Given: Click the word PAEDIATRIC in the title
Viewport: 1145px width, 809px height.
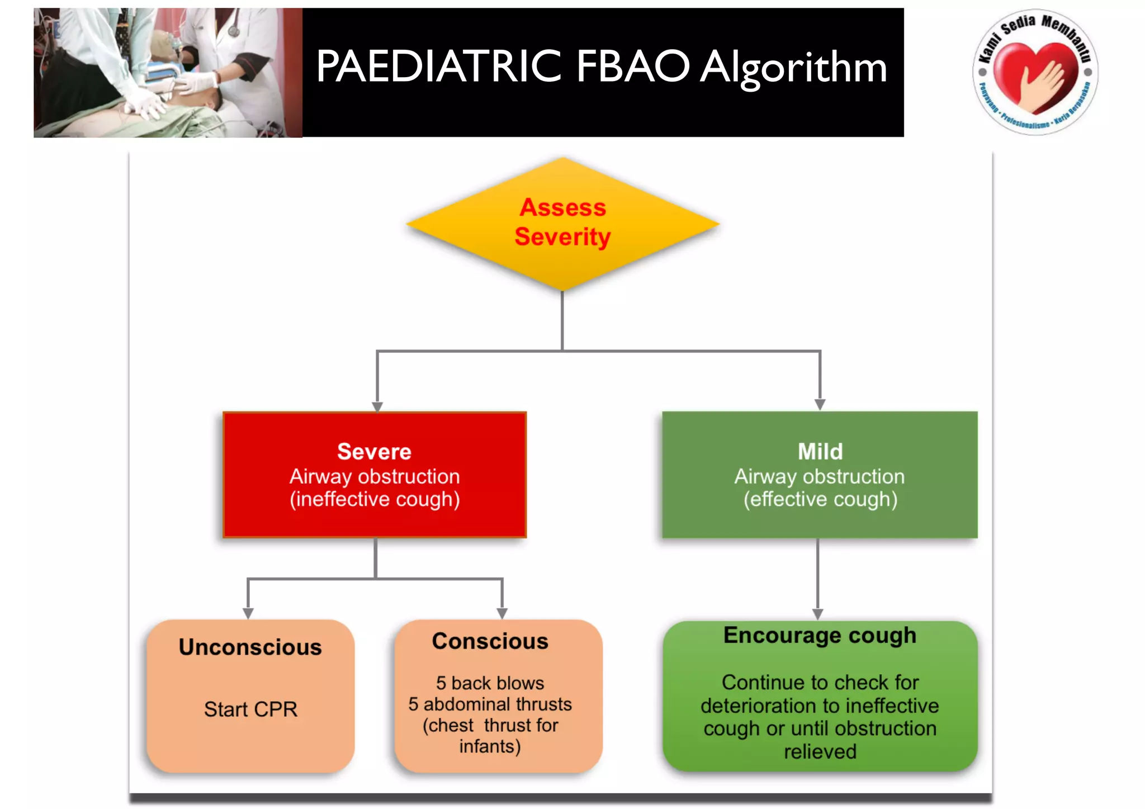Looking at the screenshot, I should pos(438,67).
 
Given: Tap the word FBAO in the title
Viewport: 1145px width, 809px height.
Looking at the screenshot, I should pos(633,67).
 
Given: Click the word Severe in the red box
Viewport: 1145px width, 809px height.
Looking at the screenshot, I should pos(374,451).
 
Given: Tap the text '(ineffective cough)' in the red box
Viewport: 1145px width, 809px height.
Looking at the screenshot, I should pos(375,499).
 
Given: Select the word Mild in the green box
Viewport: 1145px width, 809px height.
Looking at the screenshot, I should pos(820,451).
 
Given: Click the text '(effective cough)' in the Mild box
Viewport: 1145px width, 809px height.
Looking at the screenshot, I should pos(820,499).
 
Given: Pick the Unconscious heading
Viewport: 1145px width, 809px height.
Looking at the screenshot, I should pos(250,647).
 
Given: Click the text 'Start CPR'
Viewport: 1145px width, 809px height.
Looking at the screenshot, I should pos(250,709).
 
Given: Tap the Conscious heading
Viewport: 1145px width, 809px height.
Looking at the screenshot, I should pos(490,641).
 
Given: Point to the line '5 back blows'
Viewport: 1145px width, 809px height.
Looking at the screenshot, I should pos(490,683).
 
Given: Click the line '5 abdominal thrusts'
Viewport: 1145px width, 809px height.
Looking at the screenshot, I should pos(490,704).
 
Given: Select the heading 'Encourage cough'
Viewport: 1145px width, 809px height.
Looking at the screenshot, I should pos(820,635).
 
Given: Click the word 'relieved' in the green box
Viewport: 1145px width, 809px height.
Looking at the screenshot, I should pos(820,751).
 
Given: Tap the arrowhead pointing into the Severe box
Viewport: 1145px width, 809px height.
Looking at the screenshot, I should pos(377,406).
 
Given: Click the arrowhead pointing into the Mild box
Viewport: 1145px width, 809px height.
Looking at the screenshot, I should pos(820,404).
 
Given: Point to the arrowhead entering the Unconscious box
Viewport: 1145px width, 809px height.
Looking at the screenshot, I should pos(248,613).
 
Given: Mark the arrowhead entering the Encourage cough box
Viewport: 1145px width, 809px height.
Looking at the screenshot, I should pos(817,614).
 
